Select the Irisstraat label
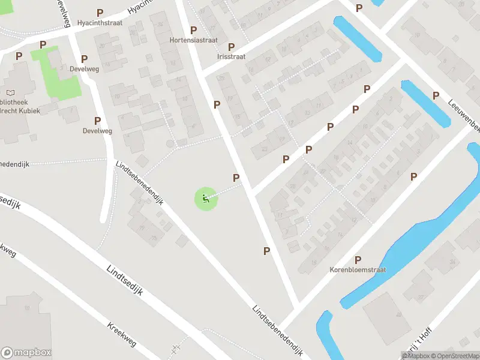coord(231,56)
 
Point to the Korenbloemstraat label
coord(358,270)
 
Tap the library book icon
coord(10,93)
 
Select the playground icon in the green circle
coord(206,199)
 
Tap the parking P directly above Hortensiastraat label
coord(193,30)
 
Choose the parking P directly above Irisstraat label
coord(231,46)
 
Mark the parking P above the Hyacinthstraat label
coord(100,12)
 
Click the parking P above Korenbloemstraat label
coord(358,260)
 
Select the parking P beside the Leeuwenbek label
coord(436,95)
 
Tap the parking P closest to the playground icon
coord(236,178)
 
